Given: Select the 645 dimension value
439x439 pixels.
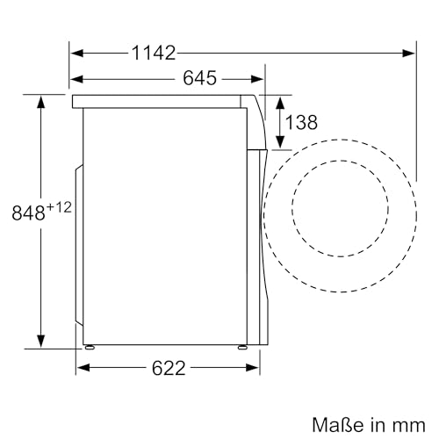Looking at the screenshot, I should (x=199, y=78).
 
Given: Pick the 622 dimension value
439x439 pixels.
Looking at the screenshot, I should (x=168, y=368).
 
